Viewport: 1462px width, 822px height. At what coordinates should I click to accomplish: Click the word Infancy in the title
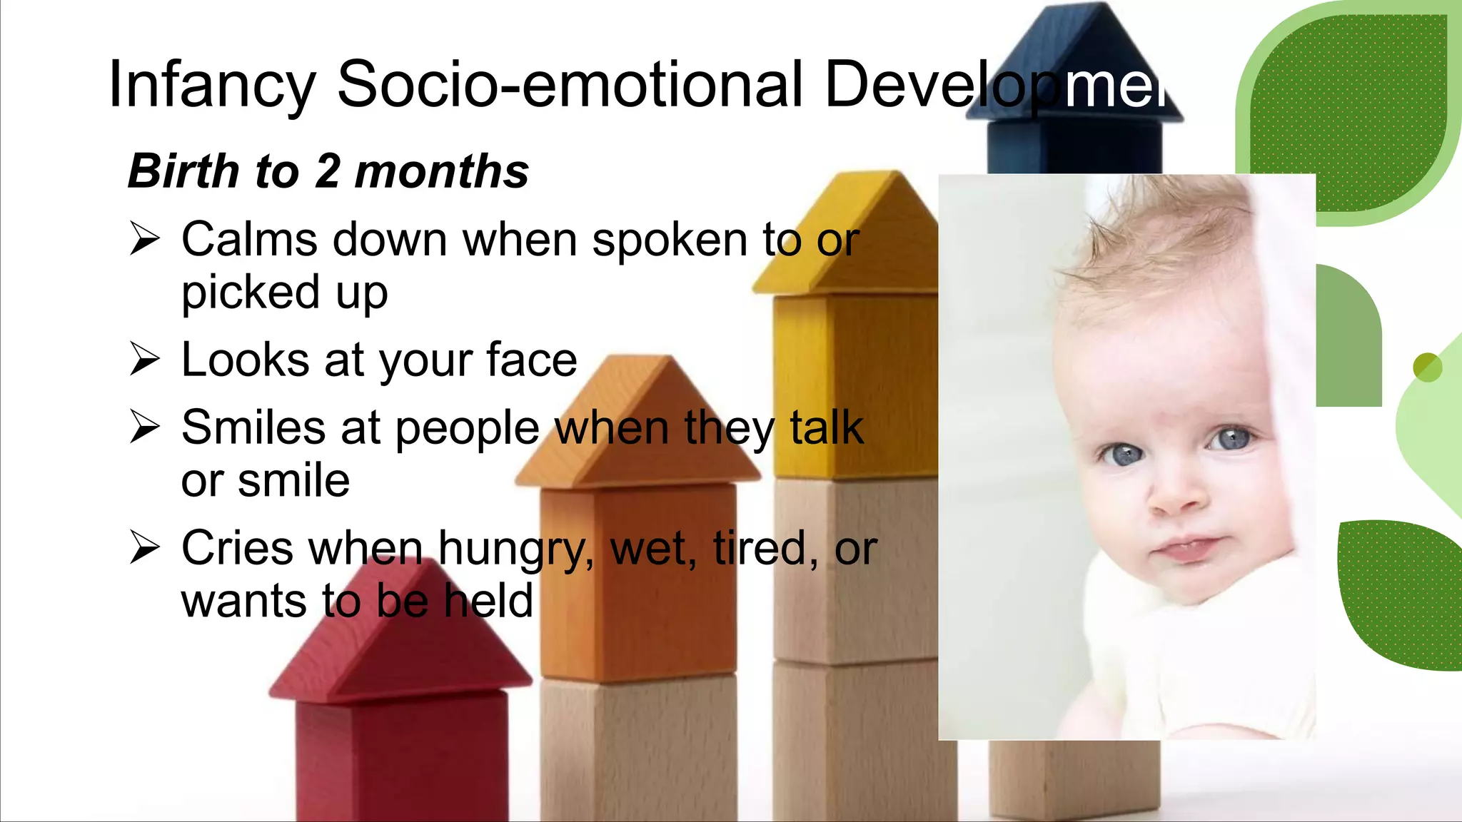211,86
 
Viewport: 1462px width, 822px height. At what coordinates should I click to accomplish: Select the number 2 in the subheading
328,172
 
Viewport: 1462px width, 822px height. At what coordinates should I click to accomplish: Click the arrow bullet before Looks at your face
145,358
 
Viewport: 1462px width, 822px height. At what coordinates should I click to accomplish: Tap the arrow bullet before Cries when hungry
145,547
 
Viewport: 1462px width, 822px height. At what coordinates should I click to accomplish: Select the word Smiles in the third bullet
253,427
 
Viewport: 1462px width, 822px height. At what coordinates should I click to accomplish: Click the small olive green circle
1427,367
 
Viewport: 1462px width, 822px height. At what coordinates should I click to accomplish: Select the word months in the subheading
442,172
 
